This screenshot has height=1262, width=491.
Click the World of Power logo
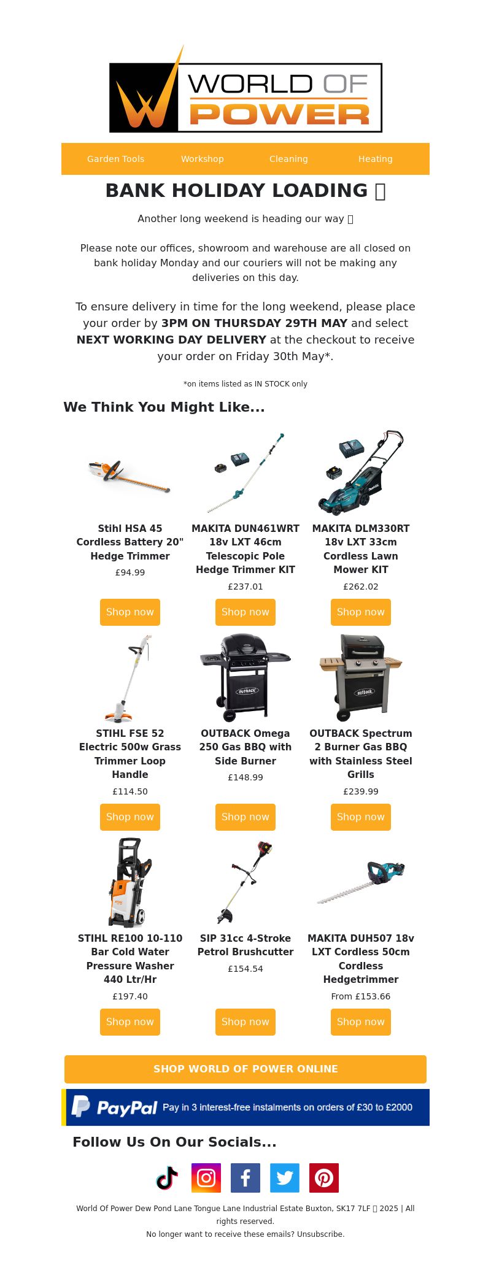coord(245,89)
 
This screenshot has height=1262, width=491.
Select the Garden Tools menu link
coord(115,159)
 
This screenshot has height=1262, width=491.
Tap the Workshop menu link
coord(203,159)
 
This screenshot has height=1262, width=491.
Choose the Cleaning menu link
coord(288,159)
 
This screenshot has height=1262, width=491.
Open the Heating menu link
coord(376,159)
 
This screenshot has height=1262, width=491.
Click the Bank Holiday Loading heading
coord(245,191)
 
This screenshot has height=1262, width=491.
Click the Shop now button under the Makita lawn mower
coord(361,612)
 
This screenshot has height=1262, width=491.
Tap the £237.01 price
coord(245,587)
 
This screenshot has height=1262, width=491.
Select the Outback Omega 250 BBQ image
coord(245,677)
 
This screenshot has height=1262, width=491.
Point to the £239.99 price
coord(361,791)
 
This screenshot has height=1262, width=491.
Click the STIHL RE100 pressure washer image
coord(130,882)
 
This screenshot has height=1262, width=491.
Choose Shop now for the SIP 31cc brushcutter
coord(245,1022)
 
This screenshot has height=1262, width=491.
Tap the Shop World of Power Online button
coord(245,1069)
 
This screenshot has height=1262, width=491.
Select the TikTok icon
coord(167,1178)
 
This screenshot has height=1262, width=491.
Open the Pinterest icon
coord(324,1178)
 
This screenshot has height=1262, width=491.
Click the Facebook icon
coord(245,1178)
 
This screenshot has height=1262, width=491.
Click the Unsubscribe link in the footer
coord(320,1234)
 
